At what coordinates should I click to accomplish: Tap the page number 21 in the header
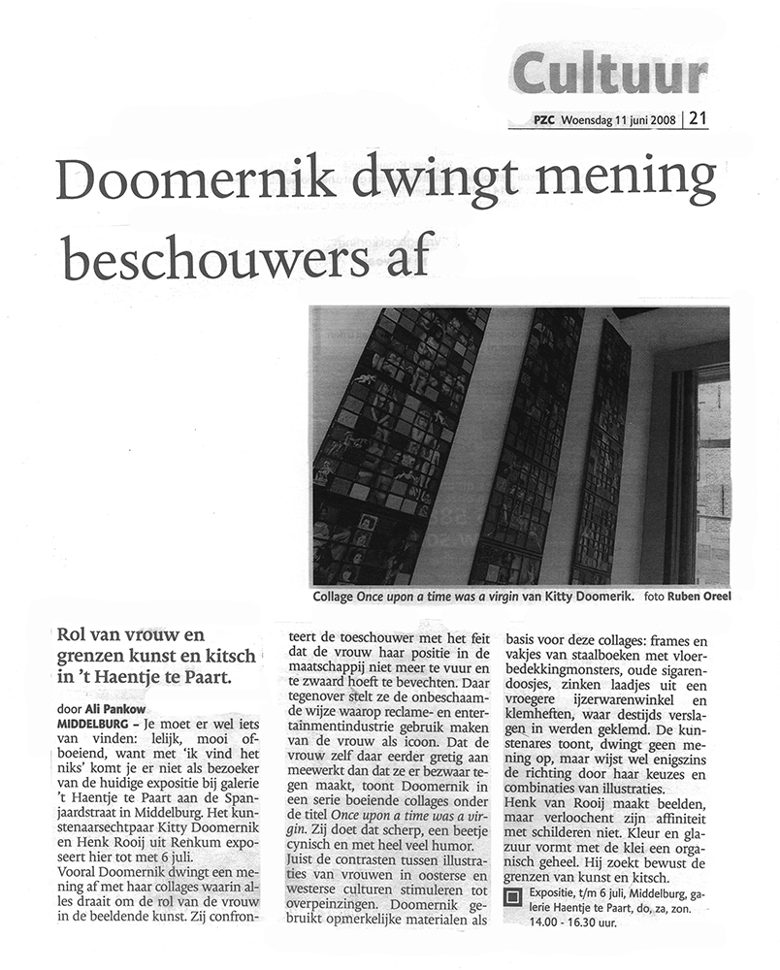click(x=699, y=119)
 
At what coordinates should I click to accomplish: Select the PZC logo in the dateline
click(x=545, y=120)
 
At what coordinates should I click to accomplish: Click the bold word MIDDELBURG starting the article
click(x=97, y=723)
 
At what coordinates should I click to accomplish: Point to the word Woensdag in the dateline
click(x=592, y=120)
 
